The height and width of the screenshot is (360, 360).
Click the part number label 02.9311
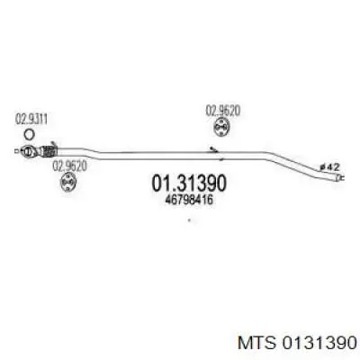pos(31,120)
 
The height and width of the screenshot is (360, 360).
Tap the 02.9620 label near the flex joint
pos(69,166)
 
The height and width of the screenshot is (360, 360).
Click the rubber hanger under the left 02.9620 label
pos(68,182)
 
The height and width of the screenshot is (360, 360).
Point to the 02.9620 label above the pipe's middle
pos(223,111)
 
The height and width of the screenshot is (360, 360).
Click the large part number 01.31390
pos(189,184)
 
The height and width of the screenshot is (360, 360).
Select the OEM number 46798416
pos(189,200)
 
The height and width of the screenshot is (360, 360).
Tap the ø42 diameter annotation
pos(329,166)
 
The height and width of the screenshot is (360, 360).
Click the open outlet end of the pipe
pos(339,178)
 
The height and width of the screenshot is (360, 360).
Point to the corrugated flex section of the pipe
pos(47,151)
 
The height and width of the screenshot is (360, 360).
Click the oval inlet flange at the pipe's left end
pos(28,151)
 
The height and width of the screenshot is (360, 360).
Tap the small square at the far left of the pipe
pos(16,151)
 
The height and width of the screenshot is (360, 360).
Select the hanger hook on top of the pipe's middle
pos(214,149)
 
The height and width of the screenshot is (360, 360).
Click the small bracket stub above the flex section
pos(53,144)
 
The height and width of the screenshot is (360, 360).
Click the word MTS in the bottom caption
pos(256,343)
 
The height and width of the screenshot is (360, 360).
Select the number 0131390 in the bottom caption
pos(318,343)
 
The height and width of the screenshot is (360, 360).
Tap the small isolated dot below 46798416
pos(189,220)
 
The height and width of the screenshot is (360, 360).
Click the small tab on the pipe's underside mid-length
pos(221,159)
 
